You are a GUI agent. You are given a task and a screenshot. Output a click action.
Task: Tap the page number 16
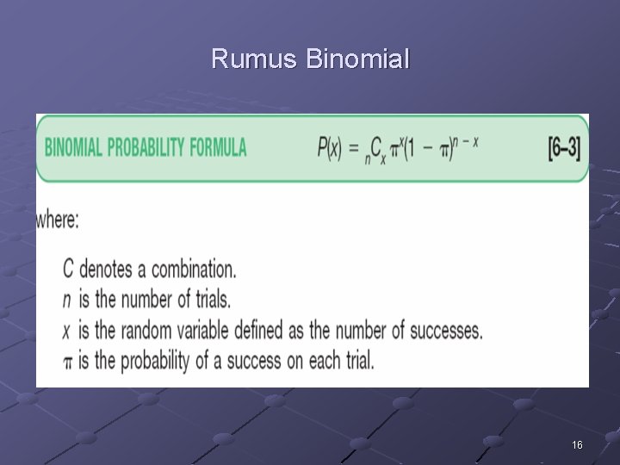point(577,445)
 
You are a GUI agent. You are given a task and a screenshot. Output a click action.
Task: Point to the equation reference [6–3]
point(564,148)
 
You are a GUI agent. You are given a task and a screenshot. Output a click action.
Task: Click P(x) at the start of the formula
point(328,148)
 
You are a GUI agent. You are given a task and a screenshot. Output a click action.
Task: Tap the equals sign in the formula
point(352,148)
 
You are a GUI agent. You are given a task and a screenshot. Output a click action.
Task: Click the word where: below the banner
point(58,220)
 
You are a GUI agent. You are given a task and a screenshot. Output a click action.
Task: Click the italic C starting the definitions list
point(69,269)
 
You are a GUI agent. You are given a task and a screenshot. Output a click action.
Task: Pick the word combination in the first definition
point(190,269)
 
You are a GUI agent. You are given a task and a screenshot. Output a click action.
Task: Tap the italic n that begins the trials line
point(68,300)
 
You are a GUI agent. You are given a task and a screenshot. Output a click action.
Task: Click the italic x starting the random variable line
point(68,330)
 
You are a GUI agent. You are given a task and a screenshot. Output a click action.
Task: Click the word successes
point(440,330)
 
